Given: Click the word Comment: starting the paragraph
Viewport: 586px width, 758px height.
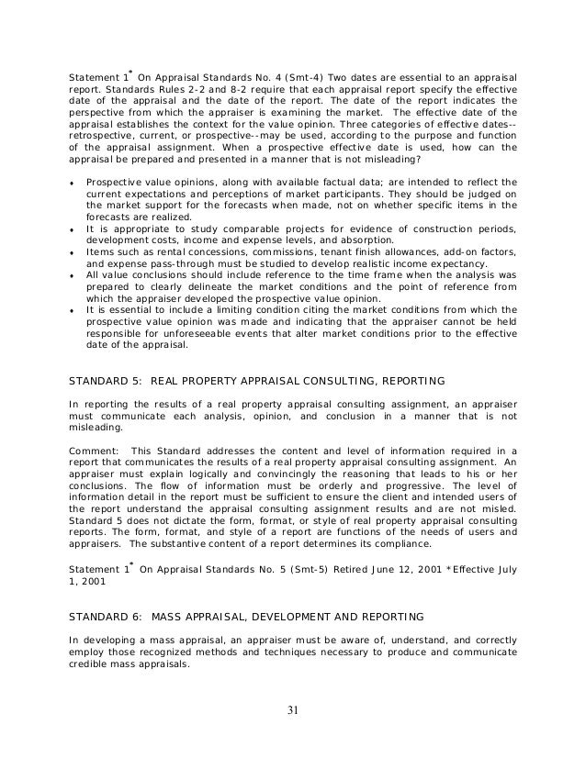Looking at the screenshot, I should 93,450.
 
